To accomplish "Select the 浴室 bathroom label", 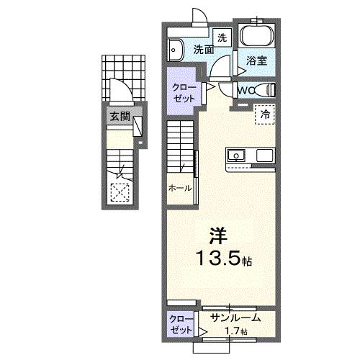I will click(x=257, y=61).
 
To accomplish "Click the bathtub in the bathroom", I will click(x=256, y=36).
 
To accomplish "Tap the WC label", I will click(x=246, y=90).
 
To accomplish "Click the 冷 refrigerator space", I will click(x=264, y=113).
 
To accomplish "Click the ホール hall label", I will click(x=179, y=188).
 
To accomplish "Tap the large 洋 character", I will click(x=218, y=235).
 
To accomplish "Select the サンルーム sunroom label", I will click(x=235, y=318).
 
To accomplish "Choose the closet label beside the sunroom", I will click(x=180, y=323).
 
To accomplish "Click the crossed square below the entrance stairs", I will click(x=119, y=191).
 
